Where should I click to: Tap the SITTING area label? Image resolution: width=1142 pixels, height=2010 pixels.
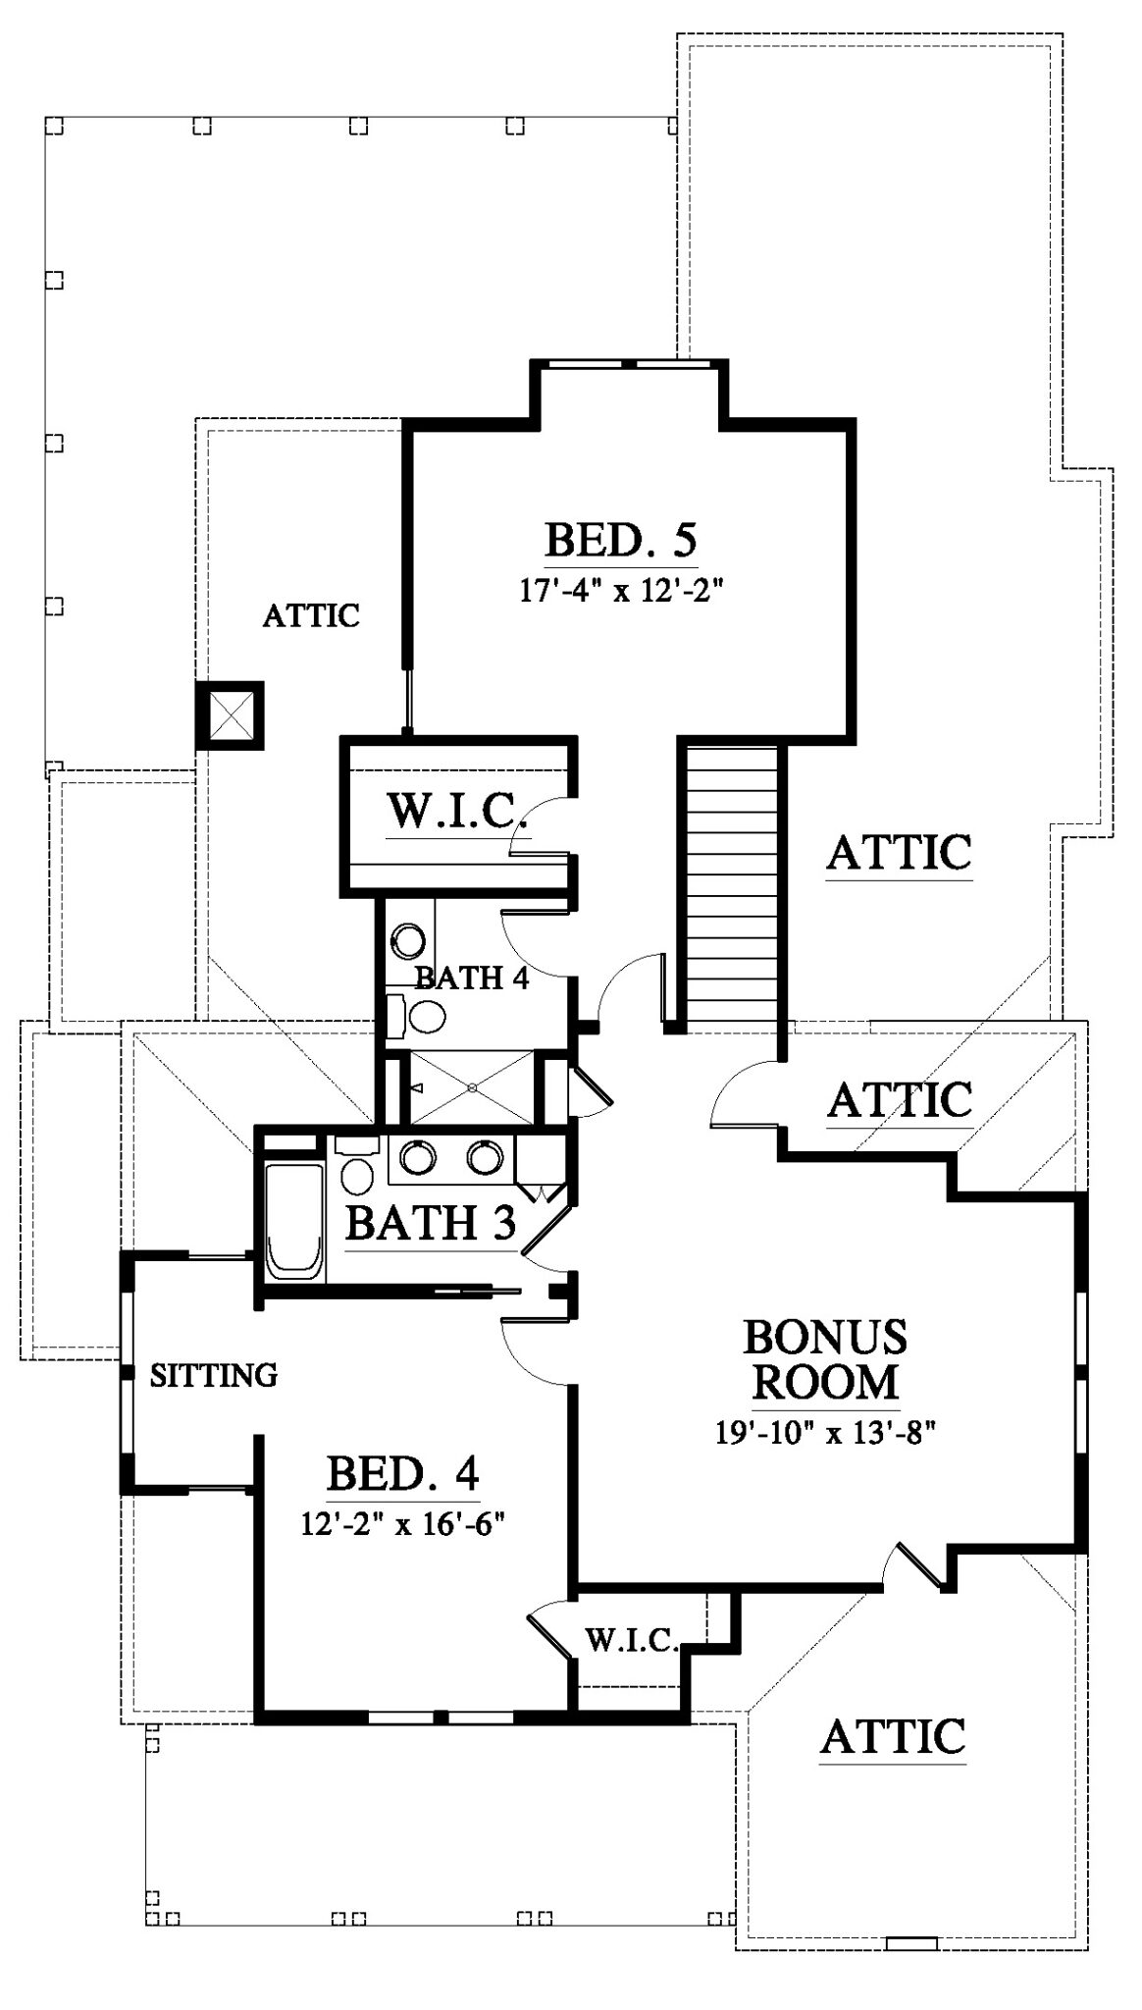[x=214, y=1375]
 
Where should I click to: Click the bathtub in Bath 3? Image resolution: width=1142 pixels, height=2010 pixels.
[x=294, y=1222]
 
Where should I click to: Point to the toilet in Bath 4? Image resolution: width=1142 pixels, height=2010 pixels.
[x=414, y=1016]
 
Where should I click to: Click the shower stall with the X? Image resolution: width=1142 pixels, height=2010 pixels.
[x=472, y=1087]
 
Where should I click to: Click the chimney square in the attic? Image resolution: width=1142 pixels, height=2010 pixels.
[x=230, y=714]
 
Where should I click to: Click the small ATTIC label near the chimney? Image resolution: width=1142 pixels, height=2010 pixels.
[x=311, y=615]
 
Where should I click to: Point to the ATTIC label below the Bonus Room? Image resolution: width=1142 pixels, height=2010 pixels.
[x=893, y=1735]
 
